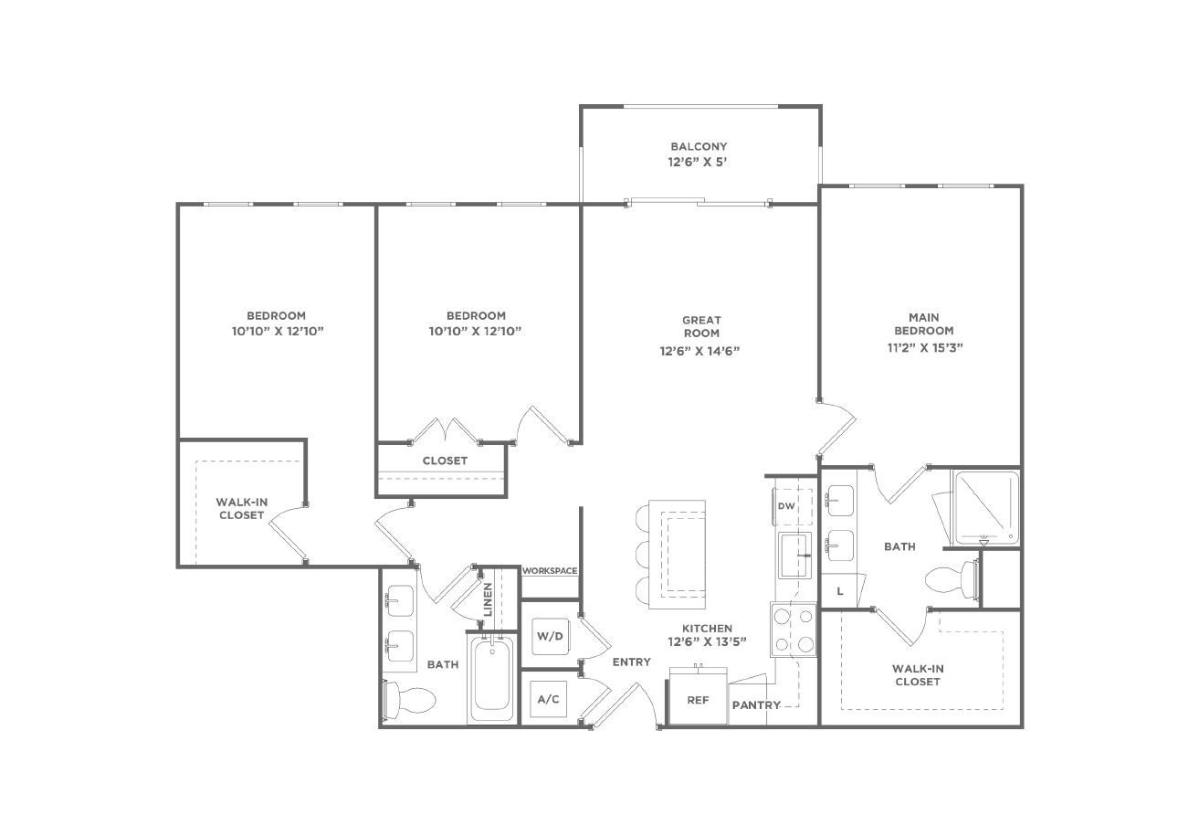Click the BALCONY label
coord(699,146)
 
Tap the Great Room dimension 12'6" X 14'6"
coord(699,351)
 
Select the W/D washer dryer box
coord(551,636)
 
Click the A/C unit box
coord(548,699)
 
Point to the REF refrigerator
coord(698,696)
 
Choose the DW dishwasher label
coord(786,505)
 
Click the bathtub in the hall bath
coord(491,678)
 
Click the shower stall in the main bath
coord(986,507)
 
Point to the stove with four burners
coord(794,630)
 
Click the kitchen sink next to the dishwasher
coord(794,556)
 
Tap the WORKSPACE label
coord(550,571)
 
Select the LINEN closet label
coord(488,599)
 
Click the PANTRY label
coord(756,705)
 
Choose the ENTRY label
coord(632,662)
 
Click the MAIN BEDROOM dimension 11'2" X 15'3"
coord(925,347)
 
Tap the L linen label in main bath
coord(840,591)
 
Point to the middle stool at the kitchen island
coord(642,555)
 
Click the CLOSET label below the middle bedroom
coord(445,461)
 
